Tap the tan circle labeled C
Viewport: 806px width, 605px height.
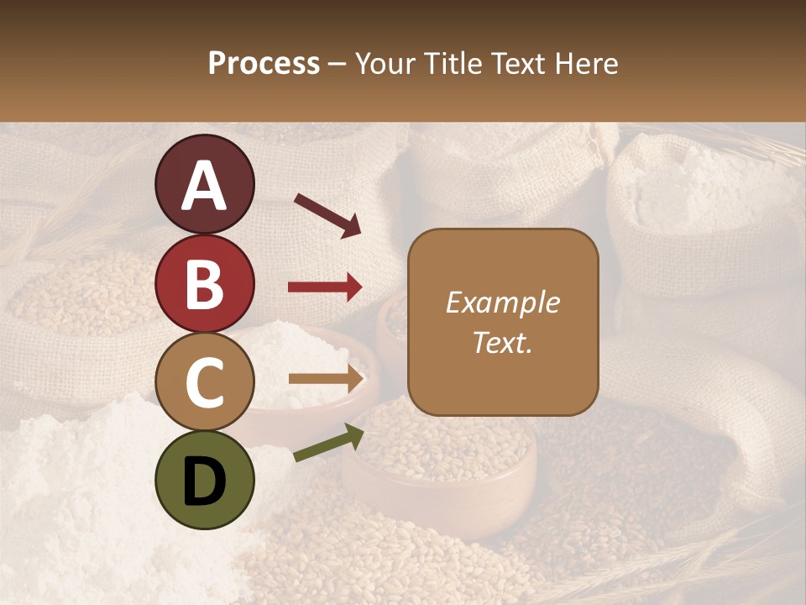click(204, 382)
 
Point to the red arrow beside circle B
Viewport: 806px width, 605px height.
click(325, 287)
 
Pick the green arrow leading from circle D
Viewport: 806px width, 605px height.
click(328, 443)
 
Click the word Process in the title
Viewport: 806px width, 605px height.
click(264, 63)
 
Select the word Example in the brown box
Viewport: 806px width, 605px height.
click(502, 302)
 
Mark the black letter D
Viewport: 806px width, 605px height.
click(204, 481)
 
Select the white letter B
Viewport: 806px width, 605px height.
click(204, 286)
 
